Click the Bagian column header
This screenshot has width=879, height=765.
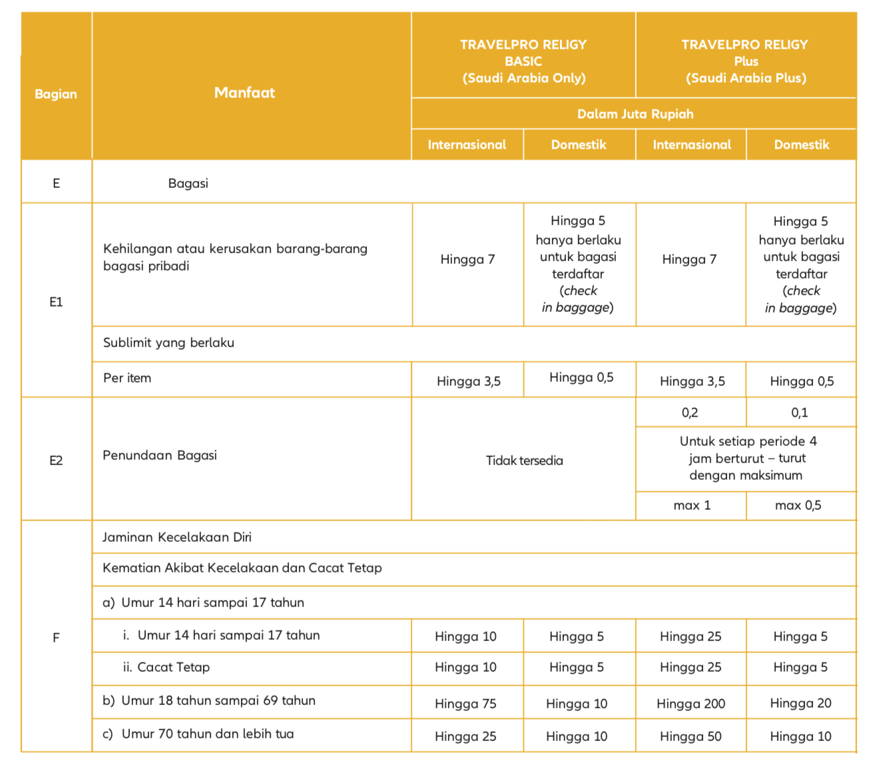(56, 94)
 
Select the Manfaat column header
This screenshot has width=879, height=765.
(244, 93)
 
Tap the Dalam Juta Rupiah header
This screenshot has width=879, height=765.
(635, 114)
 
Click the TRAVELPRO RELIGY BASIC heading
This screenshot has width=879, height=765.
(523, 61)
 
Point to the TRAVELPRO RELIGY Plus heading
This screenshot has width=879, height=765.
(745, 61)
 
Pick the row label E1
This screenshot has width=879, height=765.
(56, 302)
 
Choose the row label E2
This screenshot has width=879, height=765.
(56, 460)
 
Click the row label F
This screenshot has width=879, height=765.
(56, 638)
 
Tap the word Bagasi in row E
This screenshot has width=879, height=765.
(188, 183)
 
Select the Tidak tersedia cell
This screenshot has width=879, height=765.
(524, 460)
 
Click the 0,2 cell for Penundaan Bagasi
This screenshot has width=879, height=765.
(690, 412)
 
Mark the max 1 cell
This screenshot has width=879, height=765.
(692, 505)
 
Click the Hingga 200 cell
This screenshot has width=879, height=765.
(691, 703)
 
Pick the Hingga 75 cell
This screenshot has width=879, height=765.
(465, 704)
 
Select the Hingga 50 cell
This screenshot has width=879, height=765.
(691, 736)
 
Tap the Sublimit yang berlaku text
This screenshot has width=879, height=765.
(168, 343)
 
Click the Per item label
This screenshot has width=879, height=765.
(127, 378)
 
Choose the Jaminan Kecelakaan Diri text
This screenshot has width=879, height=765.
(177, 537)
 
